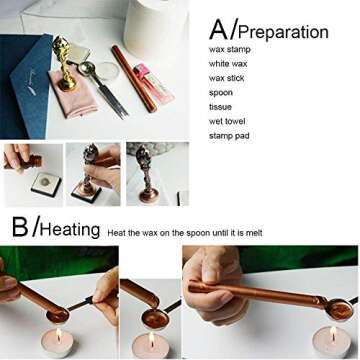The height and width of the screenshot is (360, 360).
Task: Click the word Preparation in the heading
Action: [x=283, y=33]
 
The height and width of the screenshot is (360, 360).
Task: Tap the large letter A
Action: [x=220, y=29]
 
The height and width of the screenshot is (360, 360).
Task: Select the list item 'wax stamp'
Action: [x=230, y=50]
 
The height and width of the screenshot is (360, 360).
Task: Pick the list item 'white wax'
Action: [x=228, y=64]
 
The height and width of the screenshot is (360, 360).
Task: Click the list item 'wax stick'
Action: [x=227, y=78]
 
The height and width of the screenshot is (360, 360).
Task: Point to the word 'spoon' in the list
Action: [x=221, y=93]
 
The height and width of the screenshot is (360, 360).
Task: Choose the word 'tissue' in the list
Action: [x=220, y=107]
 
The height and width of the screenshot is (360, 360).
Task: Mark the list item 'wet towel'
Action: [x=227, y=121]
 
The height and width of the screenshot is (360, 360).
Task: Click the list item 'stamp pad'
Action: [x=229, y=136]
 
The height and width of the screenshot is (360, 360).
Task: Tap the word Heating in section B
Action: [x=70, y=229]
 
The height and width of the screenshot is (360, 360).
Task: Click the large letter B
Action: [x=20, y=227]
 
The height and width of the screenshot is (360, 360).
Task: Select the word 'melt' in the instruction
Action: [x=254, y=233]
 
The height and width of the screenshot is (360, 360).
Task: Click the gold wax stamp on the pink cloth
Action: [x=64, y=63]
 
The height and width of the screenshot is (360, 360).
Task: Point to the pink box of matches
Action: [x=154, y=83]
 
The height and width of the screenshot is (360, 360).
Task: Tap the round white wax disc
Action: [x=107, y=72]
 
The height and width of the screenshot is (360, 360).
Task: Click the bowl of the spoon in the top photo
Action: [x=86, y=68]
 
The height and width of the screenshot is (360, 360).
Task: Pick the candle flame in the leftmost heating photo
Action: [x=59, y=334]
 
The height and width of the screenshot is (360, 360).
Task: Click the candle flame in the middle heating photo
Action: [x=152, y=338]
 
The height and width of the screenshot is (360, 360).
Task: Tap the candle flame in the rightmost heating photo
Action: [x=333, y=332]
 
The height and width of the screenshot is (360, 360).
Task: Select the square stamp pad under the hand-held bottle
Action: [x=46, y=184]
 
